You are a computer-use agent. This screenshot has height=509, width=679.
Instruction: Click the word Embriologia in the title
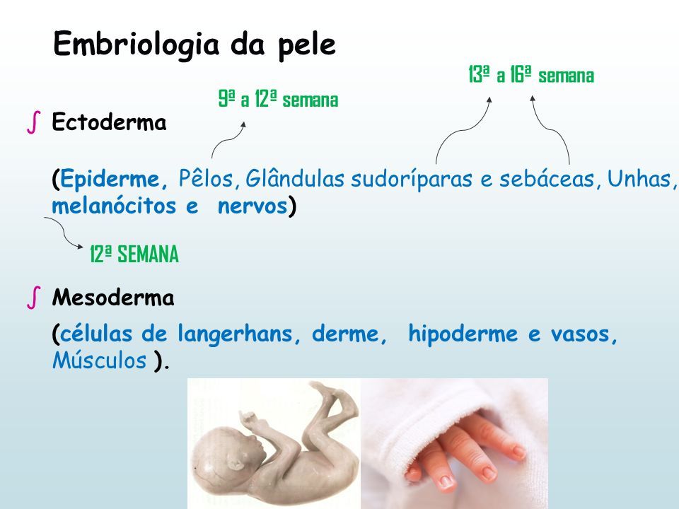tap(137, 45)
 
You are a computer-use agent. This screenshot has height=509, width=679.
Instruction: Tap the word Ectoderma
tap(109, 122)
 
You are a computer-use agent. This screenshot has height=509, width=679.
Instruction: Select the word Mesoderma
tap(113, 298)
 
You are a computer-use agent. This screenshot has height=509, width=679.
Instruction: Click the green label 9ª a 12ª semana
tap(278, 99)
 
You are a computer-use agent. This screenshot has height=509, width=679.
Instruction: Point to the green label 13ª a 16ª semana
tap(531, 74)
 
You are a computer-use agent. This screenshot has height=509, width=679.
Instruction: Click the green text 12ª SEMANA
tap(134, 254)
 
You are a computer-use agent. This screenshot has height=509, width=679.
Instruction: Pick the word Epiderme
tap(110, 179)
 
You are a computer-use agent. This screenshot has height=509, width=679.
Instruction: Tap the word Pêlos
tap(206, 178)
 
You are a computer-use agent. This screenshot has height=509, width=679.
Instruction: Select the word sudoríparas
tap(412, 179)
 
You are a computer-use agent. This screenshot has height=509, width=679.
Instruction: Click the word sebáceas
tap(547, 178)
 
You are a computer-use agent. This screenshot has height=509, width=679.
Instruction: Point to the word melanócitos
tap(114, 205)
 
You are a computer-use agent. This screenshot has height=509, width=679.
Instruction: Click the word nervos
tap(253, 206)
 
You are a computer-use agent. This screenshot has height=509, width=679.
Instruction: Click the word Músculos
tap(99, 360)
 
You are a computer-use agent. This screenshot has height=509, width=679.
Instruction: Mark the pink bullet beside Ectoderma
tap(34, 122)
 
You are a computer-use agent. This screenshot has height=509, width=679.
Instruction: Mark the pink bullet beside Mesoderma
tap(34, 298)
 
